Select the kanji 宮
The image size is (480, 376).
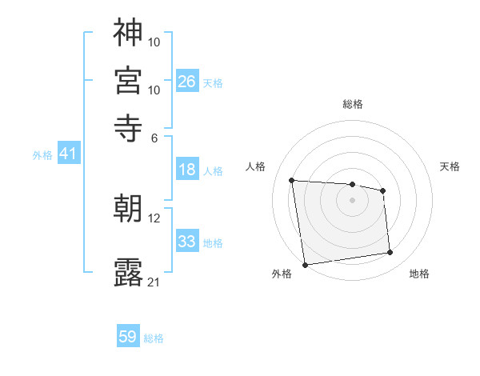click(128, 80)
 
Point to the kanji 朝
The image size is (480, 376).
click(128, 208)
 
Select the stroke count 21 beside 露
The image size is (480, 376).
click(154, 282)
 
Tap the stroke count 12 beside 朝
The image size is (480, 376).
click(154, 217)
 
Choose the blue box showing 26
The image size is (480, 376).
click(186, 81)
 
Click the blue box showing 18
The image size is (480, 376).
click(186, 170)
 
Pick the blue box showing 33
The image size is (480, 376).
click(186, 241)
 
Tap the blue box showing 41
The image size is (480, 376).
click(67, 154)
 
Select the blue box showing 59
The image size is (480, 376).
click(128, 337)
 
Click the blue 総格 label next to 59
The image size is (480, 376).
click(154, 338)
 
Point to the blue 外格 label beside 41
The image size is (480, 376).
click(42, 156)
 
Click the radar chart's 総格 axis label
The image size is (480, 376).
click(353, 104)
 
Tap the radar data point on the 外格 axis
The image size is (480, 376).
click(305, 265)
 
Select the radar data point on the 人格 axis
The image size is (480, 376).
click(292, 180)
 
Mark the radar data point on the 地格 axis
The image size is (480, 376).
click(390, 253)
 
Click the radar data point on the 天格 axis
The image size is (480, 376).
click(383, 190)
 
